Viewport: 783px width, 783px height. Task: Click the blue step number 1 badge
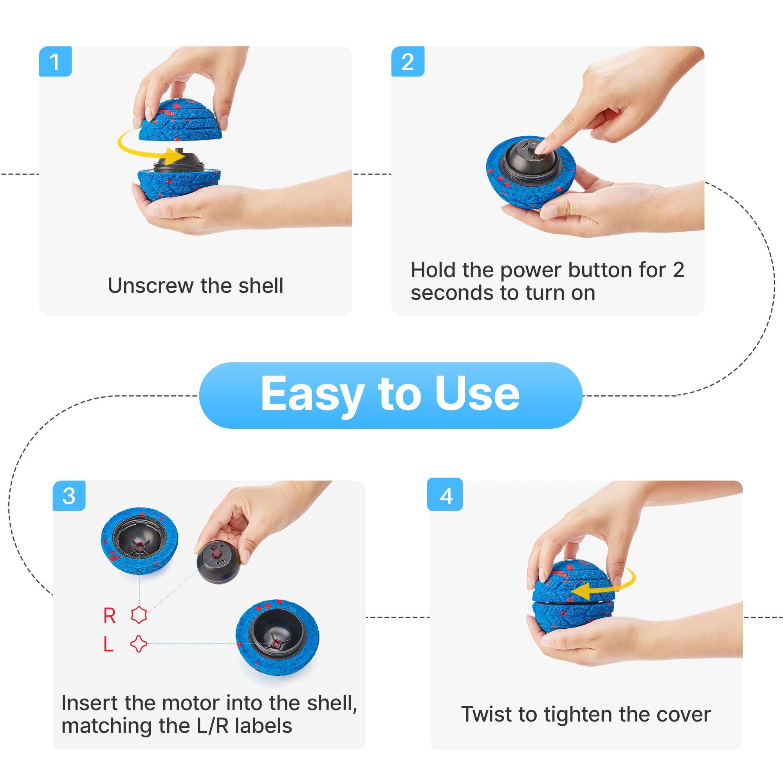click(x=55, y=61)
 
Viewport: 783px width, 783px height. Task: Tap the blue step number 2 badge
click(x=408, y=61)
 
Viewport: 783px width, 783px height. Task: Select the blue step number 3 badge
click(x=69, y=496)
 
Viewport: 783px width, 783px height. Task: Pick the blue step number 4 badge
click(x=445, y=495)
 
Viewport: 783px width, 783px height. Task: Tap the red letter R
click(x=110, y=615)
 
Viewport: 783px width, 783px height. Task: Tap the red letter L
click(x=108, y=644)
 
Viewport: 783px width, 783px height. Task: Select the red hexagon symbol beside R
click(x=139, y=615)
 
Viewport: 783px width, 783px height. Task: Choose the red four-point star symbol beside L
click(x=139, y=644)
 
